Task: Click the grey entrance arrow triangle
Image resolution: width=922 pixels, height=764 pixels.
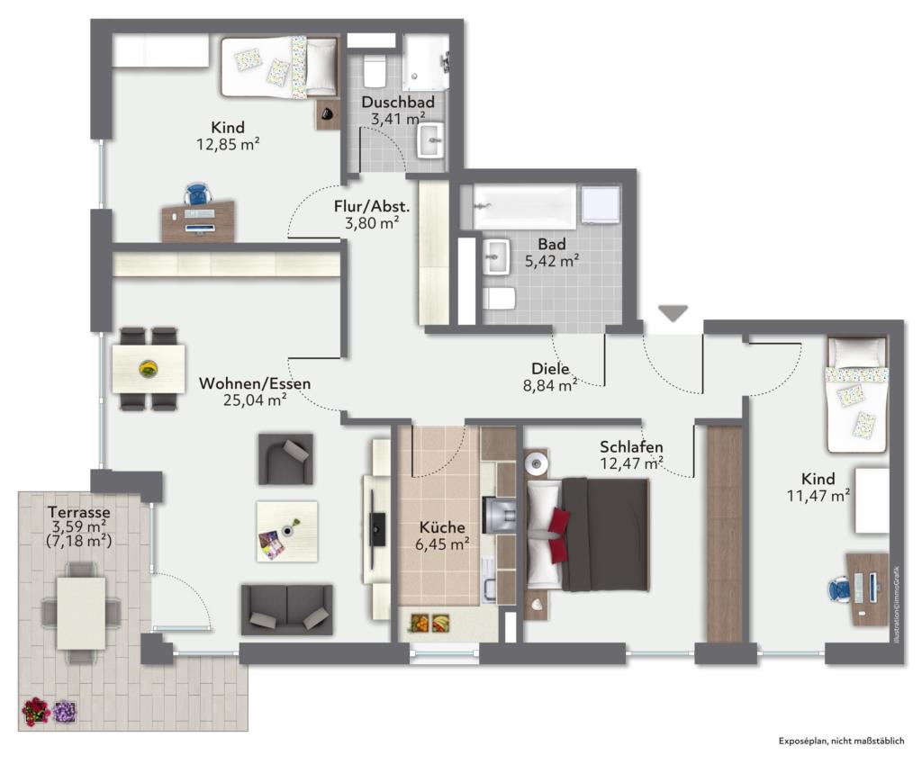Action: point(673,313)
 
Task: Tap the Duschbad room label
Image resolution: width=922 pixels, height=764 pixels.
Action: point(398,102)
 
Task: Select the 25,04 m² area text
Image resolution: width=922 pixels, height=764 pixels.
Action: point(255,400)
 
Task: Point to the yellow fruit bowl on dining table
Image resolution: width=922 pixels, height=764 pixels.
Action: point(149,368)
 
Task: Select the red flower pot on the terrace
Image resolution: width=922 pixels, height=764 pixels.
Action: point(36,711)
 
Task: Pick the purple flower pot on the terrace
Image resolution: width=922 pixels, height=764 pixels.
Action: point(65,712)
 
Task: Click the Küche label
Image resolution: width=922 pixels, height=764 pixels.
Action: point(442,527)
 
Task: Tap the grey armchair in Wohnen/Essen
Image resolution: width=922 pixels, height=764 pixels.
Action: point(285,459)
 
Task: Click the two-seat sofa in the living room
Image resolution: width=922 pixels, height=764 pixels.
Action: point(287,609)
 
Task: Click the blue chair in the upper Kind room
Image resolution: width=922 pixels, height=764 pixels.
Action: point(197,194)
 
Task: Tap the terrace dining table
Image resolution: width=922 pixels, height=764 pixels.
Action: point(81,613)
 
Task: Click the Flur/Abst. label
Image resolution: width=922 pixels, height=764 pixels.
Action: point(372,206)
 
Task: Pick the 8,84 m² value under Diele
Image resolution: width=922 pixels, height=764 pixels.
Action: point(550,385)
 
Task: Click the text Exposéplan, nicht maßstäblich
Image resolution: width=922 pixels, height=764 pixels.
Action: point(842,742)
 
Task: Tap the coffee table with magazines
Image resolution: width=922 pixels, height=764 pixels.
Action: point(287,531)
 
